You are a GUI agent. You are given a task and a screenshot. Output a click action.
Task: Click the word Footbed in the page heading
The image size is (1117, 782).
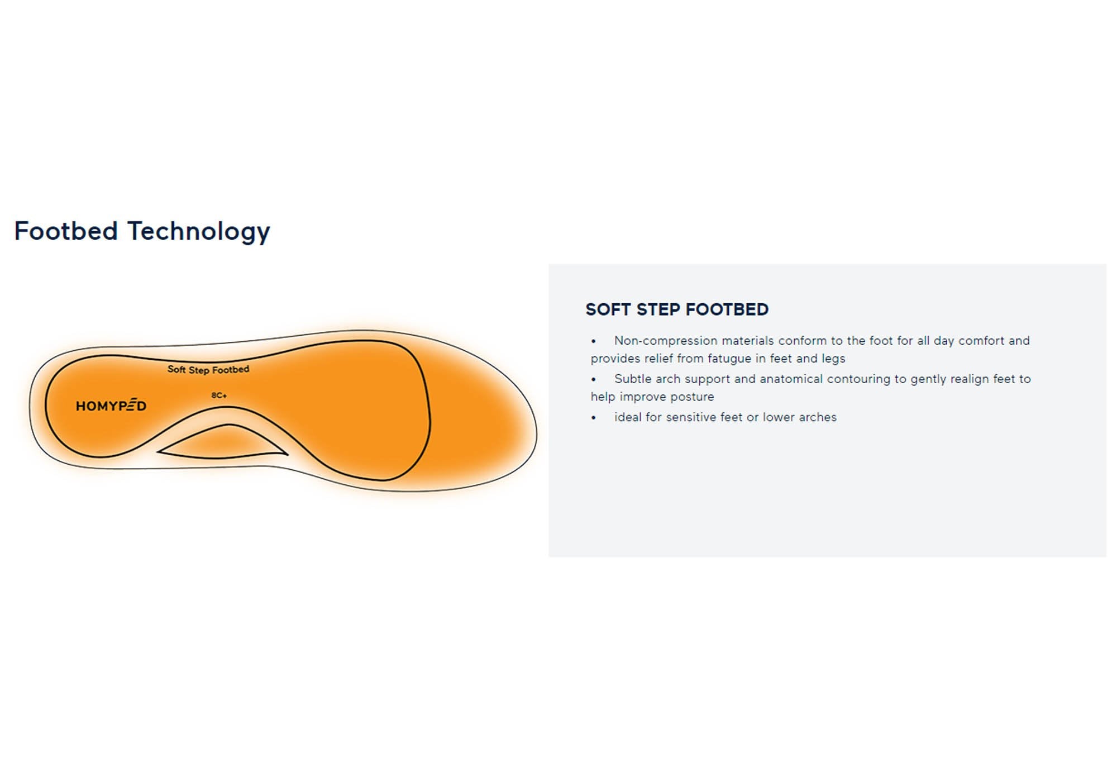pyautogui.click(x=66, y=231)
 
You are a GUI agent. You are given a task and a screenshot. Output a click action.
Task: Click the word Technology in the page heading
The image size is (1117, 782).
pyautogui.click(x=199, y=231)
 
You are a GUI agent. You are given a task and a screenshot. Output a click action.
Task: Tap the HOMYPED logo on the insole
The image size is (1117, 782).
pyautogui.click(x=111, y=406)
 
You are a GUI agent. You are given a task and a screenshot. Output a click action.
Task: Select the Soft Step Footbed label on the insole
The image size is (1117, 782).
pyautogui.click(x=208, y=369)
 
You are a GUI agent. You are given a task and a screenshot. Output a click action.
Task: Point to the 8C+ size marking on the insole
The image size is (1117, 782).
pyautogui.click(x=219, y=395)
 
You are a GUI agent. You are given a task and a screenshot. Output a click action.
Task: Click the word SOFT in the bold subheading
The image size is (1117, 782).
pyautogui.click(x=608, y=309)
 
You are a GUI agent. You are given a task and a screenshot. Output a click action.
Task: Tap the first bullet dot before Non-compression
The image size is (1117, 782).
pyautogui.click(x=594, y=341)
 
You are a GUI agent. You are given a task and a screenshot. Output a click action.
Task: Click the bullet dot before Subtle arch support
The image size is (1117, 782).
pyautogui.click(x=594, y=380)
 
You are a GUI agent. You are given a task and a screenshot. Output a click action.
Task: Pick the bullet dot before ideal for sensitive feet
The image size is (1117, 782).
pyautogui.click(x=594, y=418)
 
